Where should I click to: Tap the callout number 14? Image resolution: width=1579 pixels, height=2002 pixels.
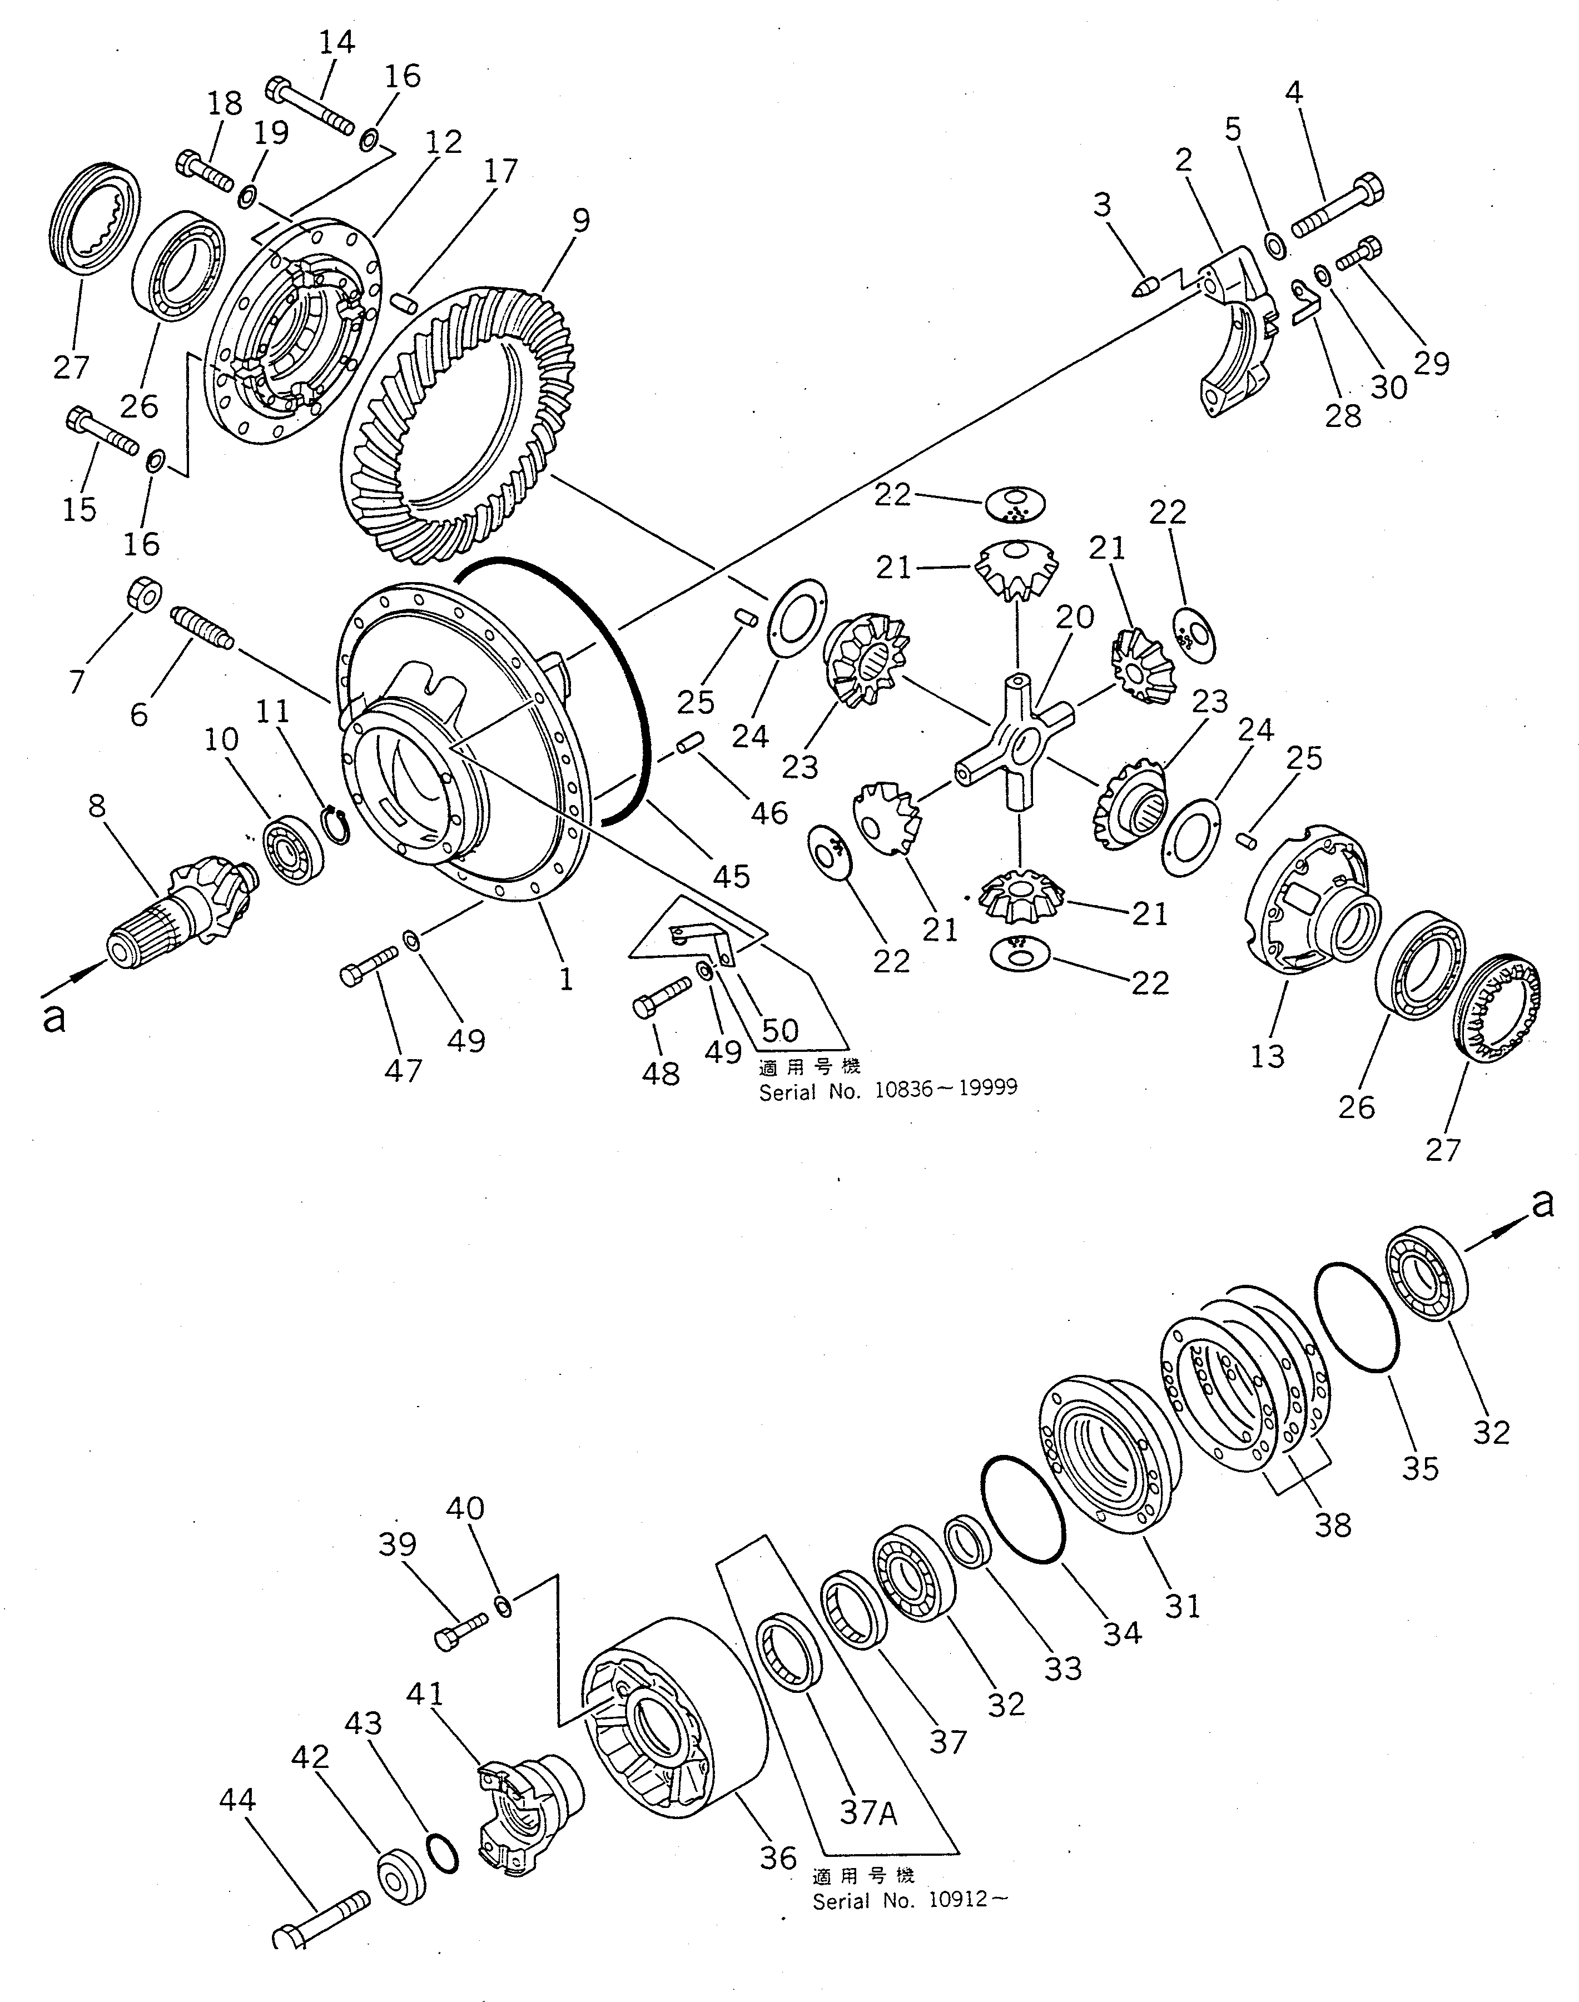[336, 42]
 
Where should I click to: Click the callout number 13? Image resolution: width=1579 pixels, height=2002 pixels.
[1268, 1056]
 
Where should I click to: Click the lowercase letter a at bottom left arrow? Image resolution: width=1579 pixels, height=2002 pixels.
[56, 1017]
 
